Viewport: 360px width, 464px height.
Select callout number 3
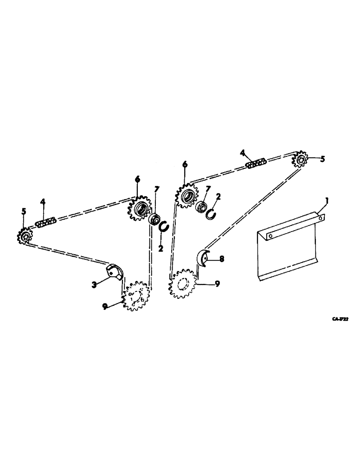click(94, 284)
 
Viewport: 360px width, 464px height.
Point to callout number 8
click(221, 259)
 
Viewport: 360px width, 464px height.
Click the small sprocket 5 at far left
click(25, 237)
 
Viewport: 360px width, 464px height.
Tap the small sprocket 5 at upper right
click(301, 160)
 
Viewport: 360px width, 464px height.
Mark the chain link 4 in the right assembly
click(256, 164)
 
